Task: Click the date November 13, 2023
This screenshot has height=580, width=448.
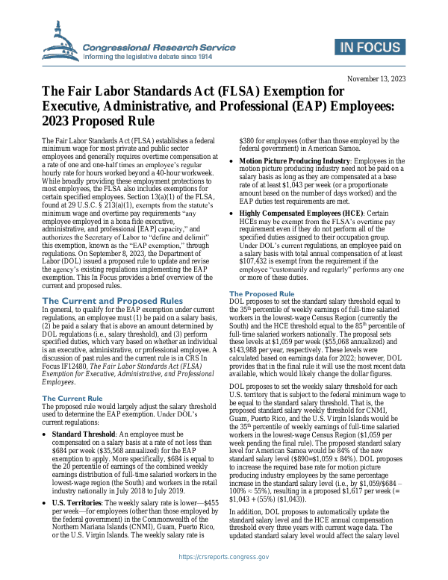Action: pyautogui.click(x=377, y=78)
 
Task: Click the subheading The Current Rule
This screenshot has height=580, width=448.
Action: pyautogui.click(x=72, y=398)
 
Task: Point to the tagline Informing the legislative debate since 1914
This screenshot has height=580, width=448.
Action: pyautogui.click(x=148, y=56)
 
